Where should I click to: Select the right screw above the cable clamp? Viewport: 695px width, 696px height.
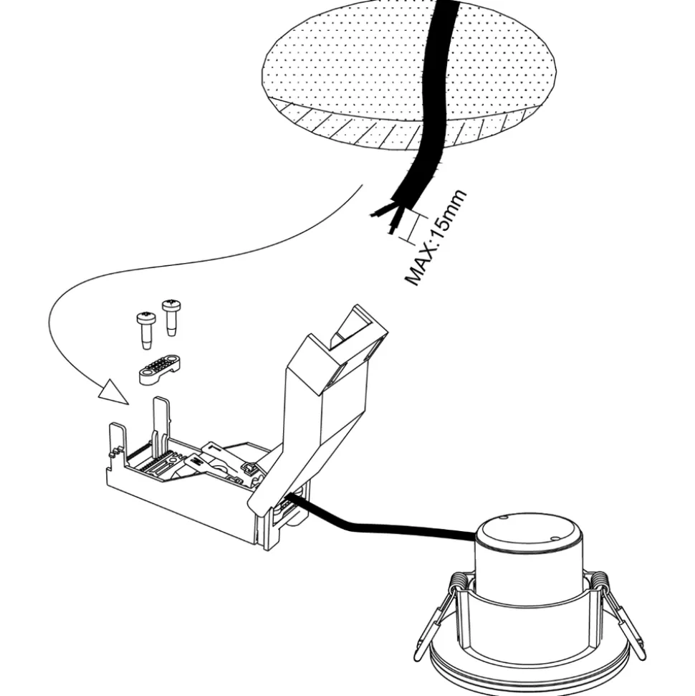coord(171,315)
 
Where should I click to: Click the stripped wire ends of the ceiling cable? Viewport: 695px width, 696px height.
coord(387,215)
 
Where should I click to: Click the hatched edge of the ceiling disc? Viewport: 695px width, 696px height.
coord(358,129)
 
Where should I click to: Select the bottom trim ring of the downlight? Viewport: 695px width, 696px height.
coord(530,677)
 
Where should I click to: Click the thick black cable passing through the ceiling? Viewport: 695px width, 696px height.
coord(434,108)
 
